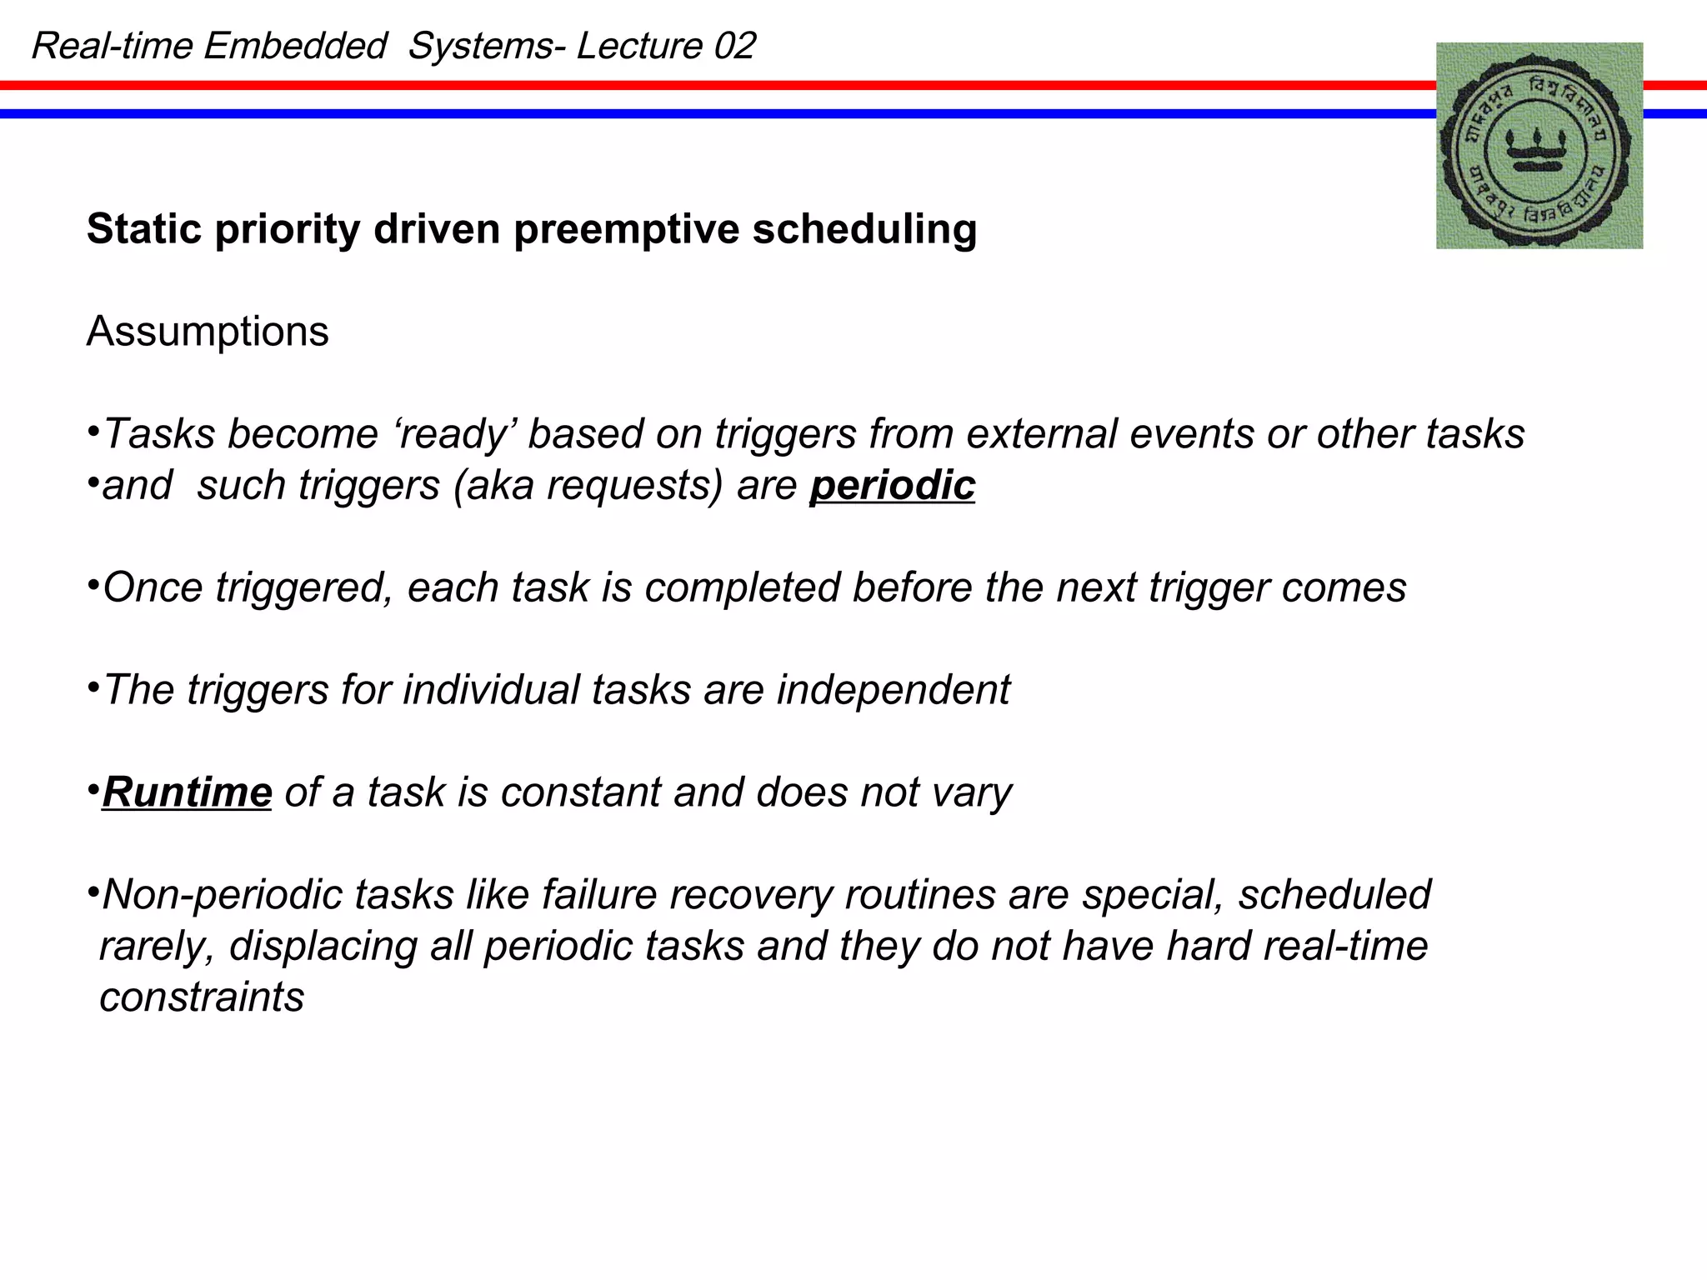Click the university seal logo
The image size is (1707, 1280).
click(1539, 146)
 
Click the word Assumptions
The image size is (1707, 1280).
click(208, 332)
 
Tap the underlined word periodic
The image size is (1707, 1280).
click(892, 485)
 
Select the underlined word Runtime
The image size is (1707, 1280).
click(187, 792)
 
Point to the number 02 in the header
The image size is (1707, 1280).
click(734, 46)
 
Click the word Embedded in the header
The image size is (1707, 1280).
click(295, 46)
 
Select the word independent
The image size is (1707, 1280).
click(893, 690)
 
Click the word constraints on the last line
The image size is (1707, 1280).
click(202, 997)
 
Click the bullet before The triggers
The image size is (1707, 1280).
click(93, 687)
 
